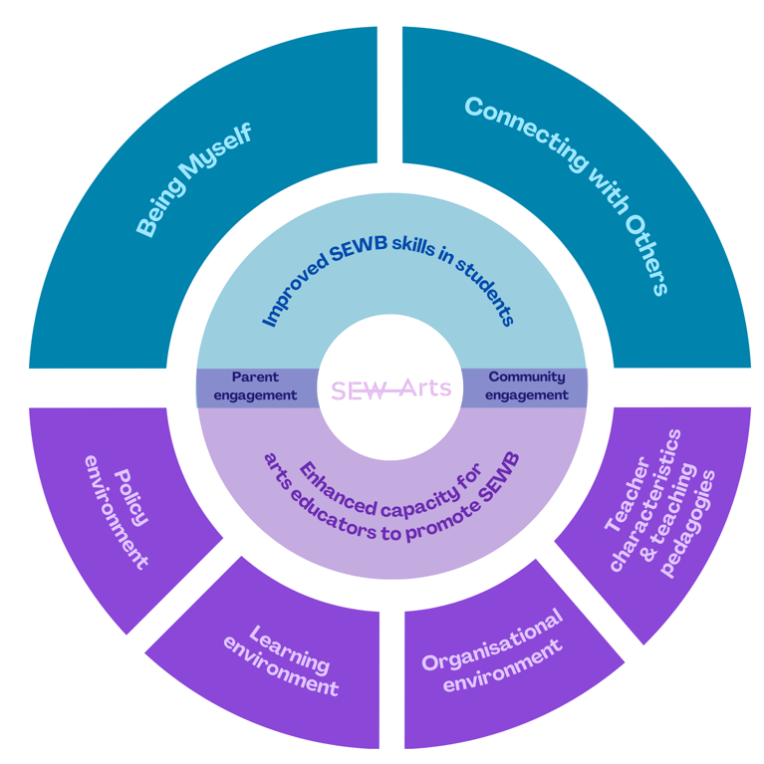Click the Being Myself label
pyautogui.click(x=193, y=180)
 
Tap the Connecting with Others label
pyautogui.click(x=565, y=194)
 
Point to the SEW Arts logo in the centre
pyautogui.click(x=390, y=388)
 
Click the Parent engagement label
pyautogui.click(x=256, y=386)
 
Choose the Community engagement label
pyautogui.click(x=527, y=386)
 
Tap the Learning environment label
pyautogui.click(x=282, y=661)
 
